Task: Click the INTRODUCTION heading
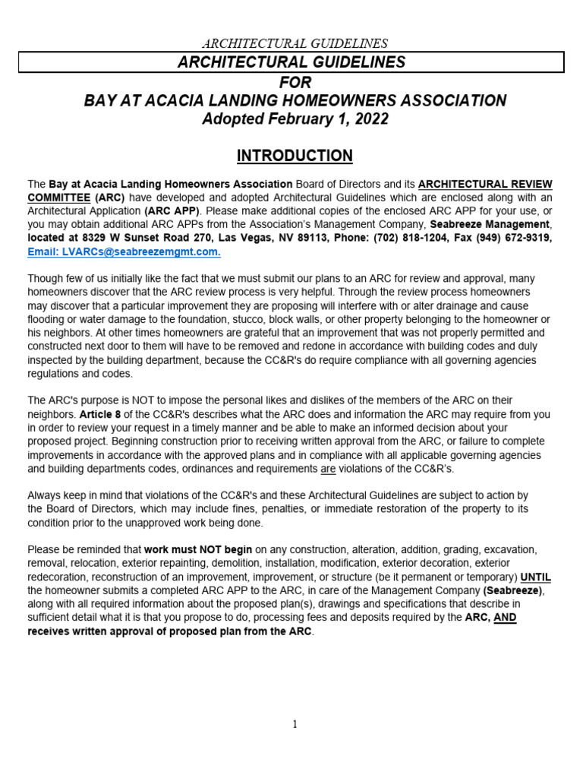click(x=295, y=156)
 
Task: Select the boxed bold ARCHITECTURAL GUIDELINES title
click(x=291, y=62)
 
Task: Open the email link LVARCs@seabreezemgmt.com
click(x=124, y=251)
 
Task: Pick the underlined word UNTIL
click(x=536, y=577)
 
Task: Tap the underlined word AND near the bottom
click(x=505, y=618)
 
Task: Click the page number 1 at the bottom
click(x=295, y=724)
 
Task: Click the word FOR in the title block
click(x=295, y=81)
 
